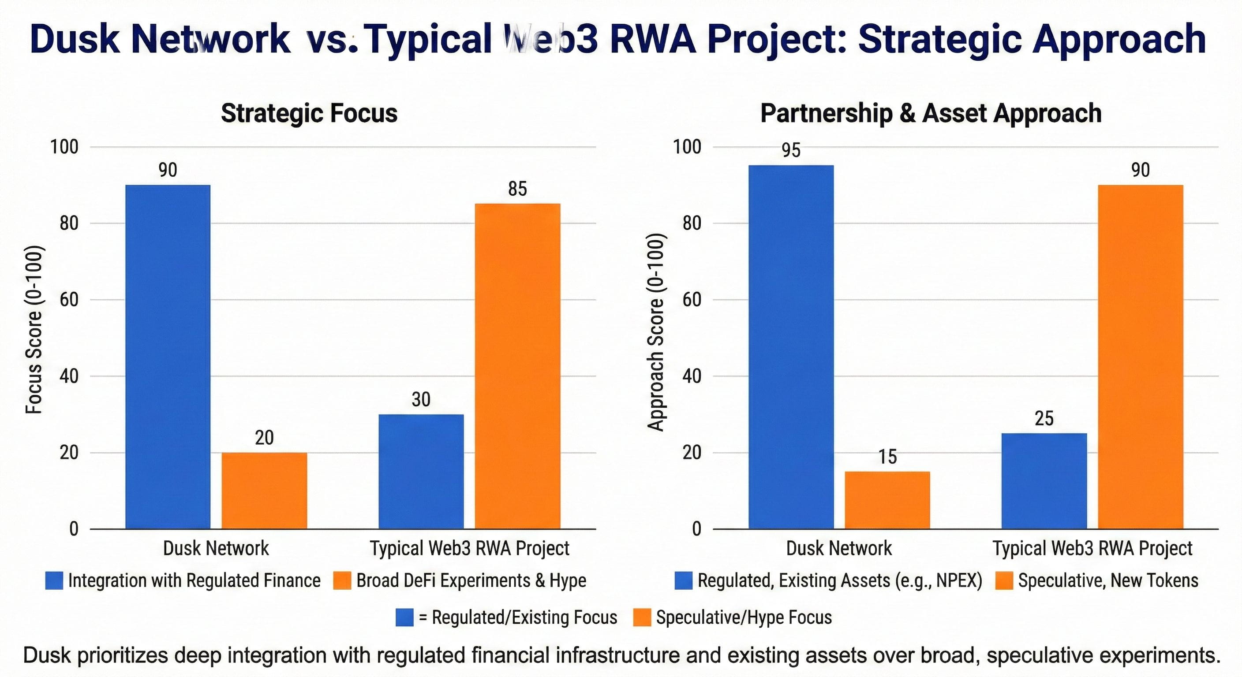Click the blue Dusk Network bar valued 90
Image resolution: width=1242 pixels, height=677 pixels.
tap(167, 357)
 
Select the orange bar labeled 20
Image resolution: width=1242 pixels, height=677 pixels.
tap(264, 491)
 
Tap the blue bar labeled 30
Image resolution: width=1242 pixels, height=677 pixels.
tap(421, 471)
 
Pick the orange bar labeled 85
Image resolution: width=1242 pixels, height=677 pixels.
tap(517, 366)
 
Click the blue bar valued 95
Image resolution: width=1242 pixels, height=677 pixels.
tap(791, 347)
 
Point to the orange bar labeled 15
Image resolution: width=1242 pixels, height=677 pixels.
tap(887, 500)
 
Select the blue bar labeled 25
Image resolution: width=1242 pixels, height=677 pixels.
tap(1044, 481)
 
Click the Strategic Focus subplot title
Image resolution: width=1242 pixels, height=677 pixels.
tap(309, 114)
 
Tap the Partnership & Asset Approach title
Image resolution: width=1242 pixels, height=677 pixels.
tap(931, 114)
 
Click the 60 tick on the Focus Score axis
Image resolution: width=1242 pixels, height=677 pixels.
tap(69, 300)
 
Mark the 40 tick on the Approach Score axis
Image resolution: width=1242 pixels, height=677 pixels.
tap(692, 376)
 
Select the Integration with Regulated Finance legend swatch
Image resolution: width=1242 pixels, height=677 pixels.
tap(54, 580)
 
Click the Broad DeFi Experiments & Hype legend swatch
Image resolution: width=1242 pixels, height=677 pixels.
tap(342, 580)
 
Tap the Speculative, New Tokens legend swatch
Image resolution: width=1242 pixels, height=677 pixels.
tap(1004, 580)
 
